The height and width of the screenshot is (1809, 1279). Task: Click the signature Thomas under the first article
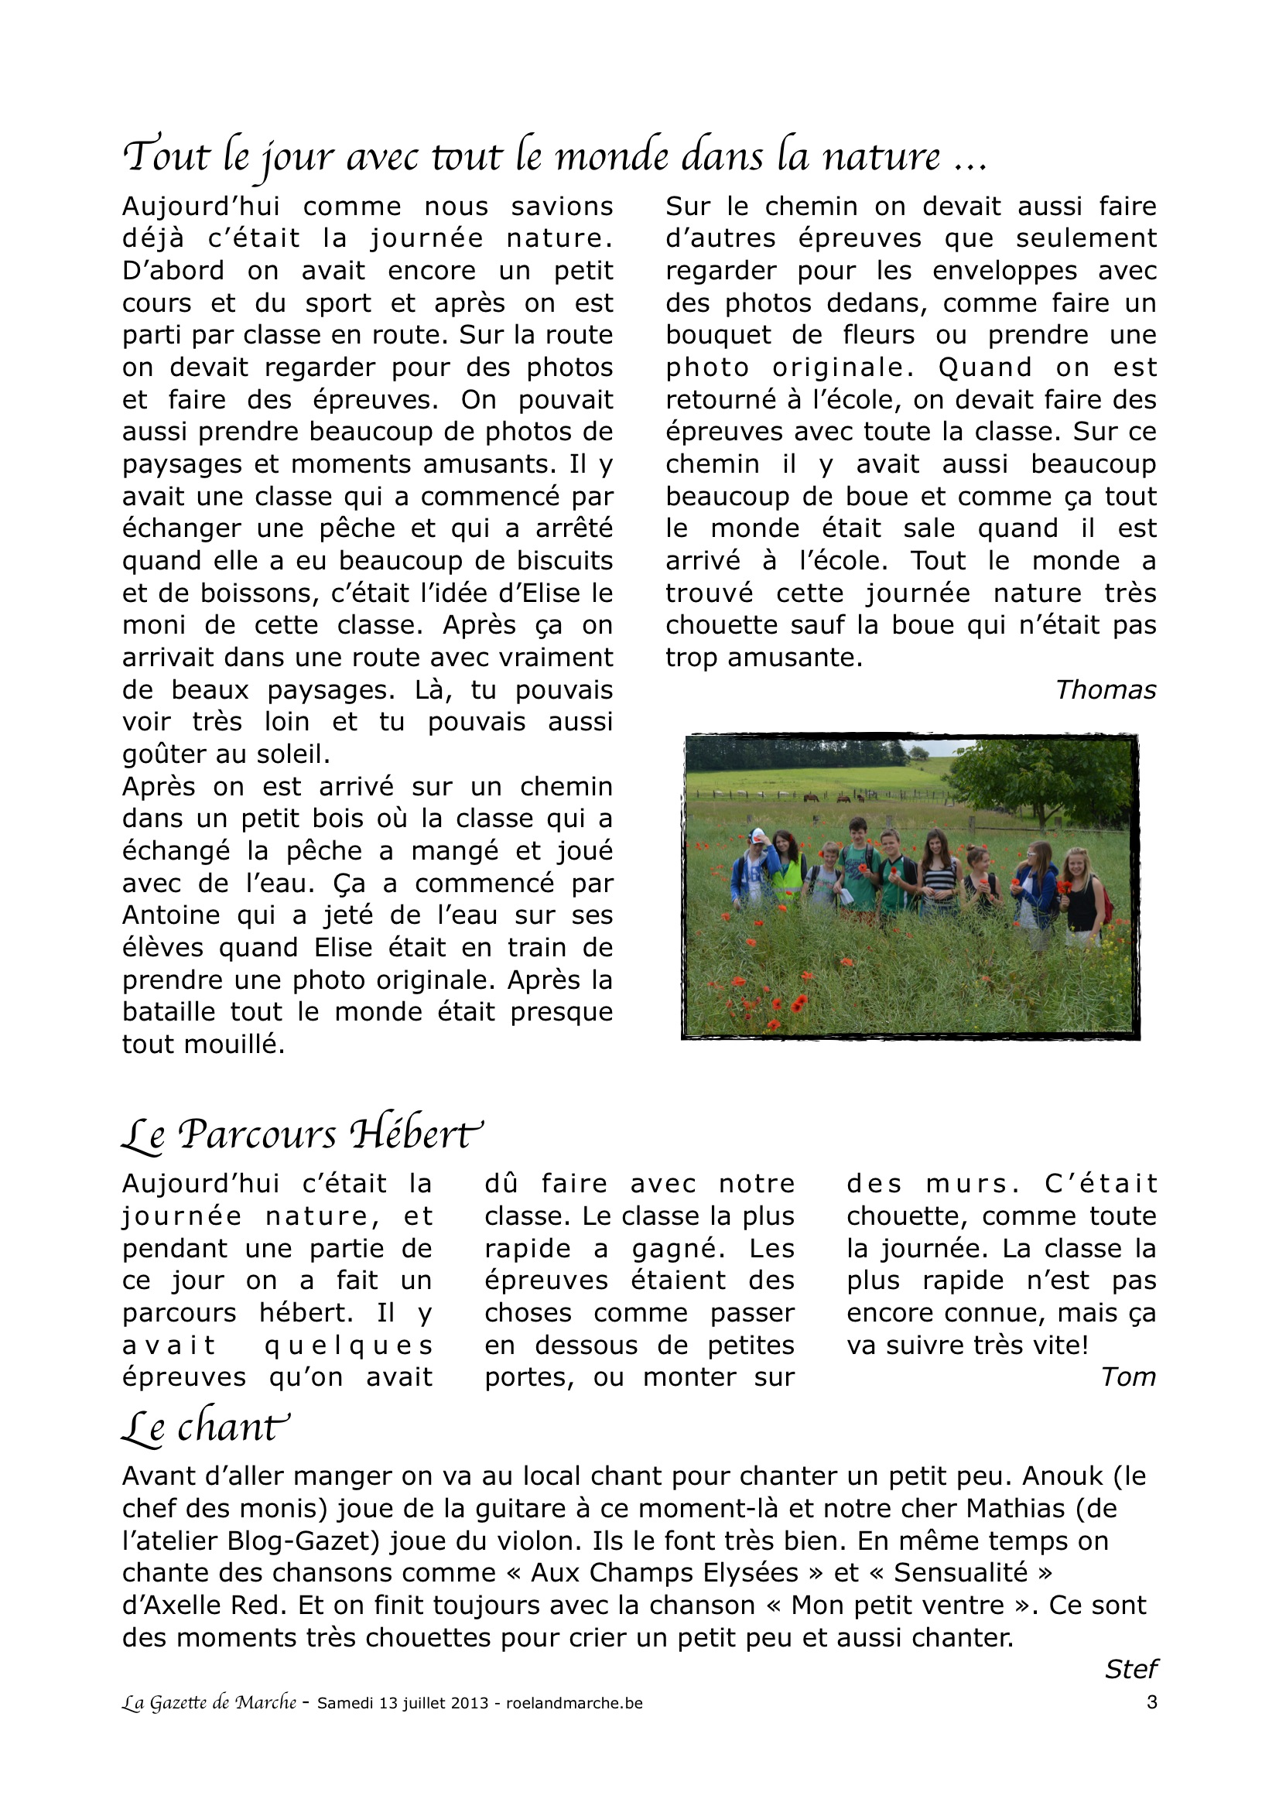(1105, 690)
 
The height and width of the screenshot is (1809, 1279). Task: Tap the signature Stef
(1131, 1669)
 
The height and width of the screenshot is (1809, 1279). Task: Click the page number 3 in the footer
(1151, 1702)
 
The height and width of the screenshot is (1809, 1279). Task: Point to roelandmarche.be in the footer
(573, 1703)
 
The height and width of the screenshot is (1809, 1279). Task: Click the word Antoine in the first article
(171, 915)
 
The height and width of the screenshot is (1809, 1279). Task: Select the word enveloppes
(1004, 270)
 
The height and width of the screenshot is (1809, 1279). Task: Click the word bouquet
(718, 335)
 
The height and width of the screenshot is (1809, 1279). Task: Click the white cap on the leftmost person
(758, 835)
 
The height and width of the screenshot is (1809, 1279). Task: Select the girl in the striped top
(938, 874)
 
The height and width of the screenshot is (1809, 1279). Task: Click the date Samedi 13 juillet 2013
(402, 1703)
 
